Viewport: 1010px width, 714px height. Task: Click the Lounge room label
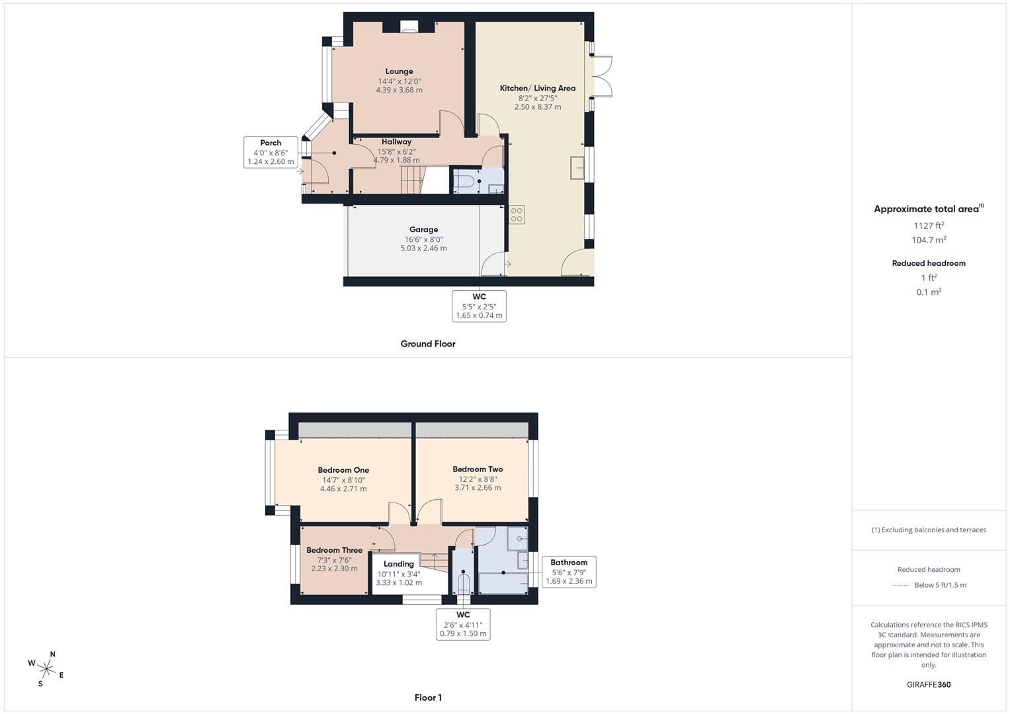coord(399,71)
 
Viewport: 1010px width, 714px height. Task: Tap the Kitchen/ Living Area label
coord(538,89)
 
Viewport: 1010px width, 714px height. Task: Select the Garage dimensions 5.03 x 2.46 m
coord(424,248)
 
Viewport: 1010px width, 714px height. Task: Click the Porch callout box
coord(271,152)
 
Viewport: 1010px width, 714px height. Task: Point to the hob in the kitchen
coord(517,215)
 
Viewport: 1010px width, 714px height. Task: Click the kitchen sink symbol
coord(577,168)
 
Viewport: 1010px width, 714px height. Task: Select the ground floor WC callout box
coord(479,306)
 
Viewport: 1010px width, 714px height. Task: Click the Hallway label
coord(396,141)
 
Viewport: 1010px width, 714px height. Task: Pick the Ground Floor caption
coord(428,344)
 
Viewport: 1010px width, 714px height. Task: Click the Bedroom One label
coord(343,470)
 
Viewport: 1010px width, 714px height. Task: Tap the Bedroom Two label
coord(478,469)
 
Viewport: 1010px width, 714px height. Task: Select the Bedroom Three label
coord(334,550)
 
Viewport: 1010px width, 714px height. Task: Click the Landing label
coord(399,564)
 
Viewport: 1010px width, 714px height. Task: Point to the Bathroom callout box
coord(569,572)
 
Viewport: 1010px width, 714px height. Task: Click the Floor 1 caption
coord(428,697)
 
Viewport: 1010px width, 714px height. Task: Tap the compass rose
coord(46,669)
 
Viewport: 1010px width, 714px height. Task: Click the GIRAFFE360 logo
coord(929,685)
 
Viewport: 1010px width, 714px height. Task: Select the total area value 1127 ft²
coord(929,225)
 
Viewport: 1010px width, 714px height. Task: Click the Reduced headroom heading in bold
coord(929,263)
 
